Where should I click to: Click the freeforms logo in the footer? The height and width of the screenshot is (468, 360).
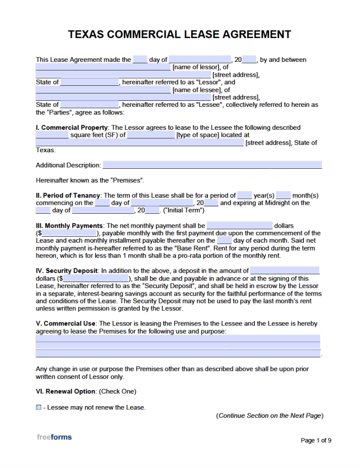coord(54,437)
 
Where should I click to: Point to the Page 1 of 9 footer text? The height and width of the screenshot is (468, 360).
coord(316,440)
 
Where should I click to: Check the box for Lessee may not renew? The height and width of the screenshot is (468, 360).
coord(38,408)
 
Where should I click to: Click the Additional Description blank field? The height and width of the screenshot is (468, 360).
coord(212,165)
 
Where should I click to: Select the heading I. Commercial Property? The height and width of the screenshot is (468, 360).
coord(72,127)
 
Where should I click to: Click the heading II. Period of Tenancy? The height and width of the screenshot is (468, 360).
coord(68,195)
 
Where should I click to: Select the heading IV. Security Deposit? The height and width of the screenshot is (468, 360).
coord(67,271)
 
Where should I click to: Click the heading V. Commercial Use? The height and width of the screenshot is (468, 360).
coord(66,324)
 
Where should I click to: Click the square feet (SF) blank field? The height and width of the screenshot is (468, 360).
coord(52,135)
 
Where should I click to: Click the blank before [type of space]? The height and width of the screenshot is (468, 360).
coord(150,135)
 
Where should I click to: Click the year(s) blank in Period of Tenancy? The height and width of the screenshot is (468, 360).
coord(245,195)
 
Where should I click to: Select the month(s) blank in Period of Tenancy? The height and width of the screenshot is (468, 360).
coord(283,195)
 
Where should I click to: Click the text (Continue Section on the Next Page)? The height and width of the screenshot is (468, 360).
coord(270,416)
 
